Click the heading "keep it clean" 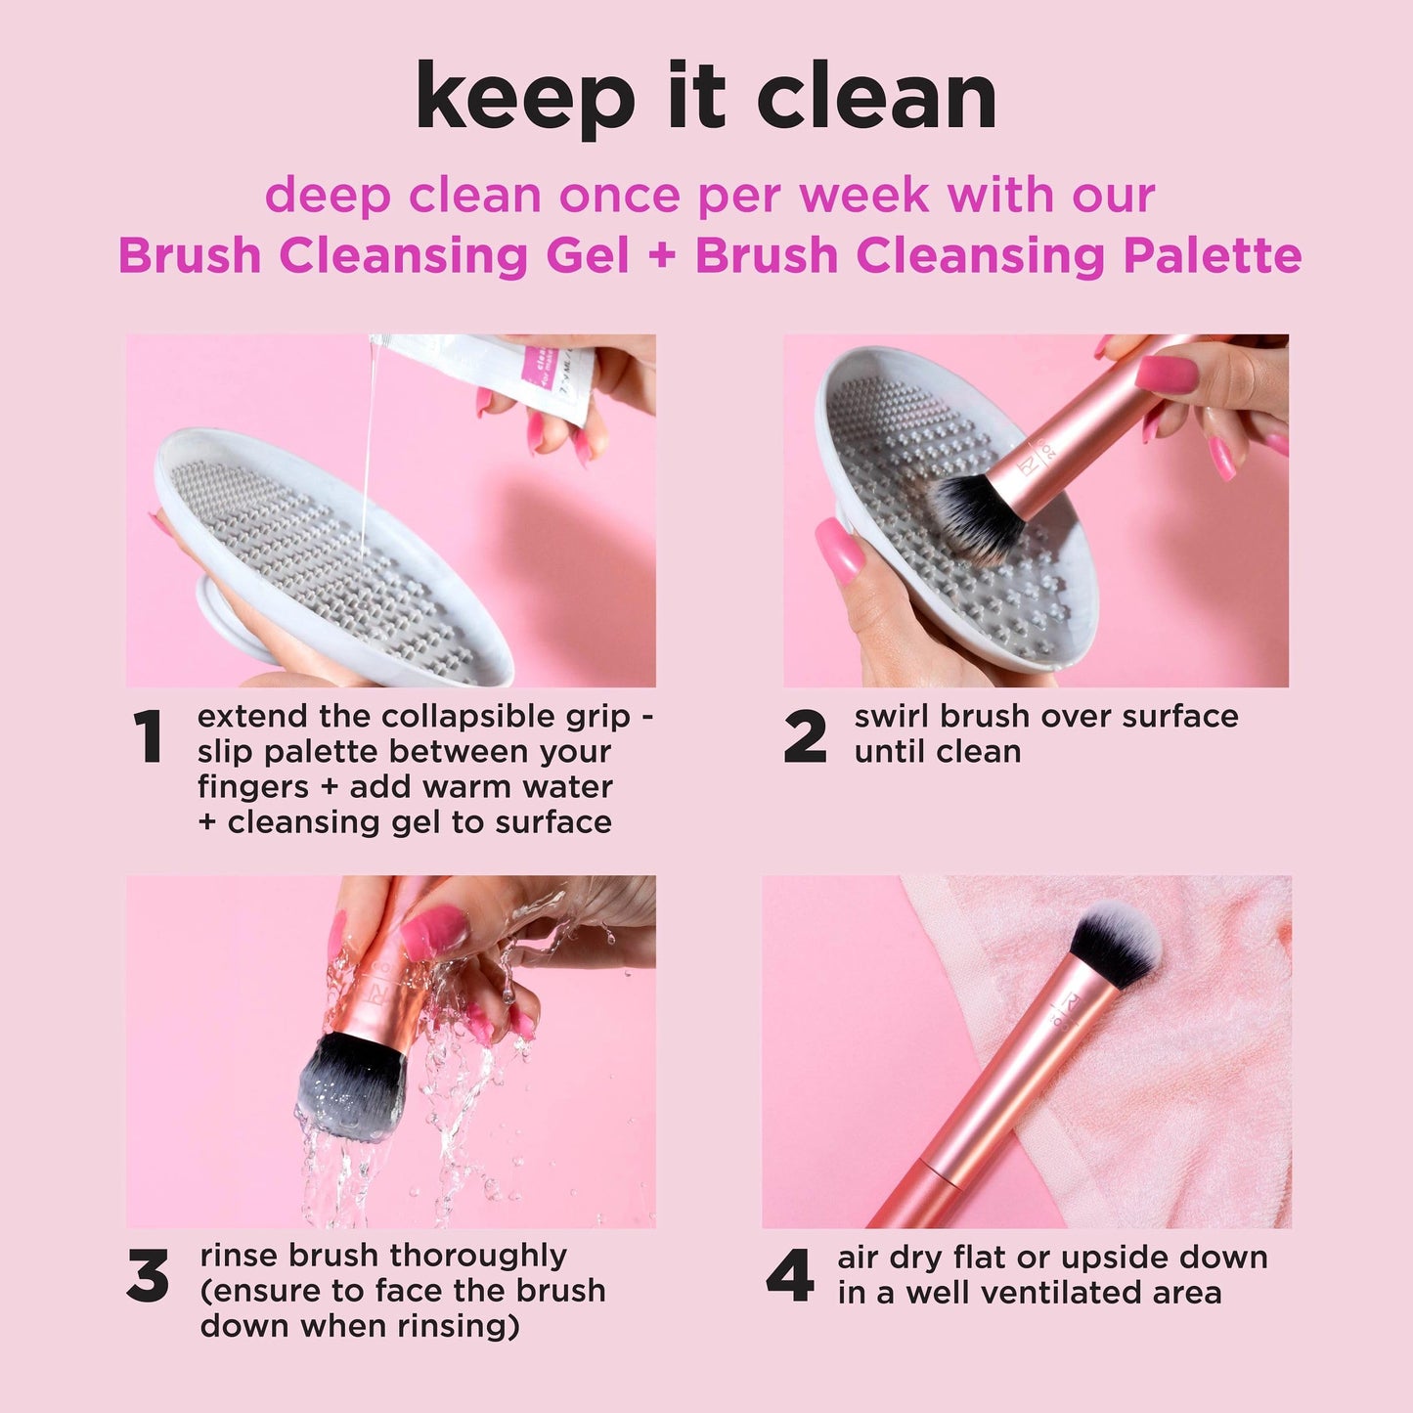pos(706,98)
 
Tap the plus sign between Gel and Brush pos(662,257)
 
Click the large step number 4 pos(789,1276)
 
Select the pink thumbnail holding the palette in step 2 pos(839,550)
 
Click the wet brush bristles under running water pos(352,1085)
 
